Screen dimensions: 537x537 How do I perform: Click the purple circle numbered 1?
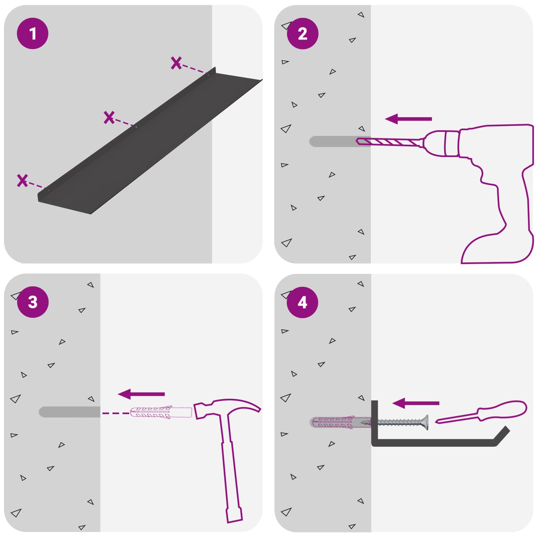click(33, 34)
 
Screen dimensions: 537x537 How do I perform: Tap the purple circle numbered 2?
click(302, 34)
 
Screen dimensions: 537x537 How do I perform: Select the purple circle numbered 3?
click(33, 302)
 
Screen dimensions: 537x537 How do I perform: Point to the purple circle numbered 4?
click(302, 302)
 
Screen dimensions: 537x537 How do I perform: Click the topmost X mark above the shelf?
click(176, 63)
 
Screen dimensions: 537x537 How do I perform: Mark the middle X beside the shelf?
click(109, 117)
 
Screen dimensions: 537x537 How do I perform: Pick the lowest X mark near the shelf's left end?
click(22, 181)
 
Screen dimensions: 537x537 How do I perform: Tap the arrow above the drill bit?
click(408, 119)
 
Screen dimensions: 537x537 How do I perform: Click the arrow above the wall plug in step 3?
click(141, 394)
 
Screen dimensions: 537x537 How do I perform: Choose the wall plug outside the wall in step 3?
click(161, 412)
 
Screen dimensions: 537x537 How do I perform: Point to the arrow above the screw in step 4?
click(416, 403)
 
